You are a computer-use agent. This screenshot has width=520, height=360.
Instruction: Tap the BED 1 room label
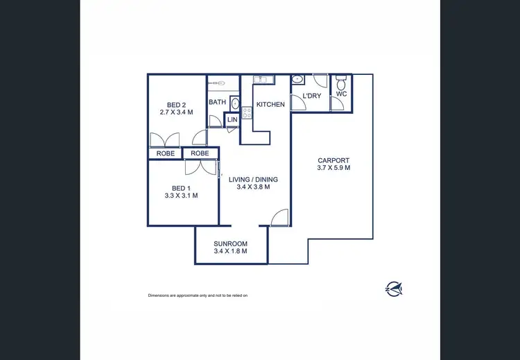[181, 187]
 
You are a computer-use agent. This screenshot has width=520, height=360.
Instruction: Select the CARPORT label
[333, 160]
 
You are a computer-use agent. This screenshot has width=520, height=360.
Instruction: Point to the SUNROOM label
[231, 244]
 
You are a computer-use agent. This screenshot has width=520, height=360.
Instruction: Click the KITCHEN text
[270, 104]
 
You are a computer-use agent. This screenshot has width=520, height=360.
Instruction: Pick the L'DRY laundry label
[311, 96]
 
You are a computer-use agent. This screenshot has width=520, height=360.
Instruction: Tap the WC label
[341, 94]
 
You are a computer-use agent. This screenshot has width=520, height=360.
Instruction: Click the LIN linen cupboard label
[232, 120]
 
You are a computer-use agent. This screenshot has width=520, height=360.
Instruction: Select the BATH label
[217, 102]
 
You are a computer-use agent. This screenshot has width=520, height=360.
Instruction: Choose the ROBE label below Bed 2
[165, 153]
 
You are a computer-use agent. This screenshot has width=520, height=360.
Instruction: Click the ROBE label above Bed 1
[200, 153]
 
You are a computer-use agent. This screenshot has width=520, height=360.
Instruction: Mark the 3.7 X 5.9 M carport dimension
[333, 167]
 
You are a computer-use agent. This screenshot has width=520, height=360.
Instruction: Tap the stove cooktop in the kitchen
[247, 112]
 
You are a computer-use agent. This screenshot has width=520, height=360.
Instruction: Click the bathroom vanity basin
[234, 104]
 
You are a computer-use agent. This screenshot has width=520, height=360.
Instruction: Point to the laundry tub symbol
[297, 79]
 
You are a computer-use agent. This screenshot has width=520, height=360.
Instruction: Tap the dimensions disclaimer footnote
[198, 295]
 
